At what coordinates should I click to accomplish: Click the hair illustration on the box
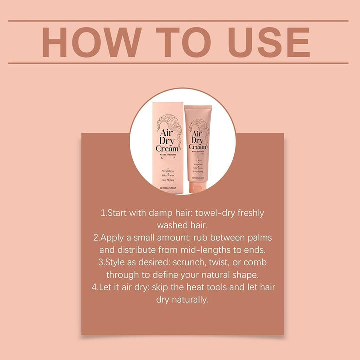pyautogui.click(x=168, y=123)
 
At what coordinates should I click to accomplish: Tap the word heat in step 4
pyautogui.click(x=211, y=287)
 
